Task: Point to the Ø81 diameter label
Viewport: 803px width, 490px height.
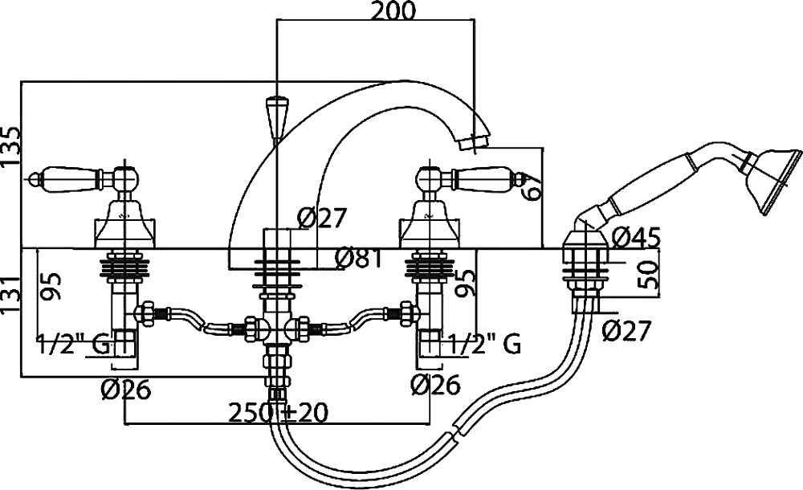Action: click(357, 258)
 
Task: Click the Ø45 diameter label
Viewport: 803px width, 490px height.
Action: click(635, 238)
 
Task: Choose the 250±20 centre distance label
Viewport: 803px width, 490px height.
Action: click(277, 413)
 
